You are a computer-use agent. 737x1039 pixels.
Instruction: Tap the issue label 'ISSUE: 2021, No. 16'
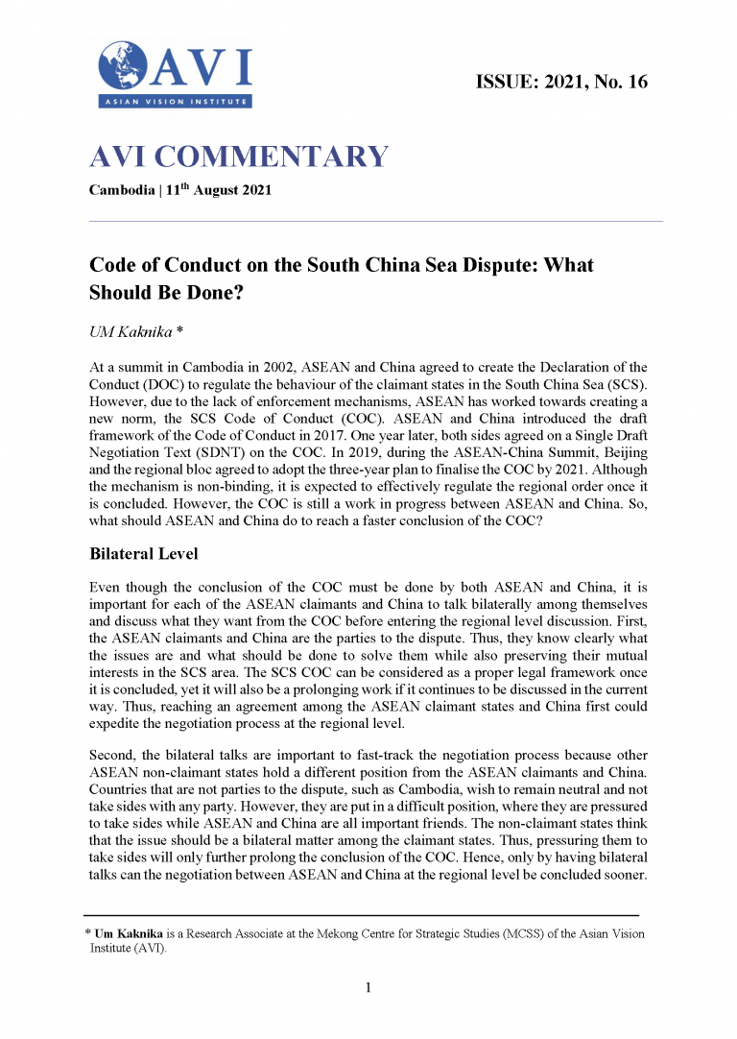tap(561, 82)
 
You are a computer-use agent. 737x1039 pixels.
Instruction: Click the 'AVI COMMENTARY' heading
tap(239, 157)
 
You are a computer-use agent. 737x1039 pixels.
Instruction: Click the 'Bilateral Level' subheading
tap(147, 554)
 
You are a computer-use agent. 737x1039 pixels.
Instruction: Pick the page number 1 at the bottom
tap(368, 986)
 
